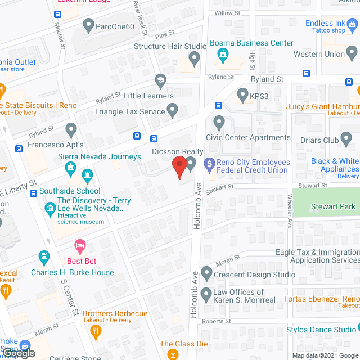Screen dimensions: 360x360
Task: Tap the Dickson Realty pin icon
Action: [191, 164]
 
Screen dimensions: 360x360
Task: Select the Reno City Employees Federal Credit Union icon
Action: [209, 165]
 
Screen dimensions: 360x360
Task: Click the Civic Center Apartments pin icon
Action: [219, 122]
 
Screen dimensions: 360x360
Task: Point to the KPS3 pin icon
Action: [243, 95]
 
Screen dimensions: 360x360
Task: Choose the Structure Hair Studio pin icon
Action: [194, 58]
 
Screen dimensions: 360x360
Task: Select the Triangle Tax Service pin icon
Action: [173, 109]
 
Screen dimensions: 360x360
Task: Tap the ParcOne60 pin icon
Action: [88, 25]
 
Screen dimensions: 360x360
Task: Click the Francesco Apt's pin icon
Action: [71, 130]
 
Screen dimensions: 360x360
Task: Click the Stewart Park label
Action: [333, 206]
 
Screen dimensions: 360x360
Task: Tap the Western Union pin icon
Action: [353, 54]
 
